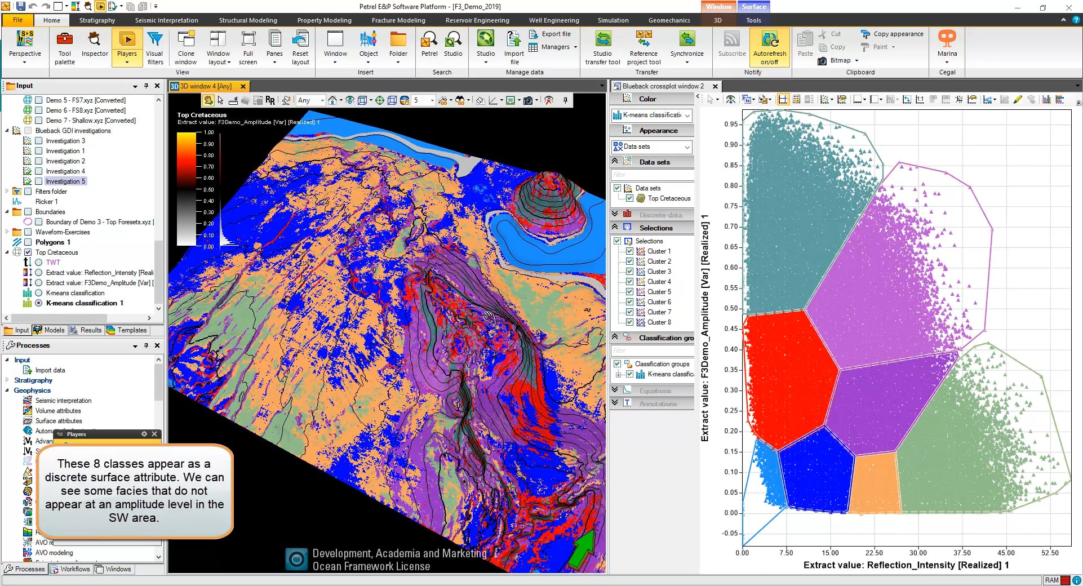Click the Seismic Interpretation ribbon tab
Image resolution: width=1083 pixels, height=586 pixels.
[166, 20]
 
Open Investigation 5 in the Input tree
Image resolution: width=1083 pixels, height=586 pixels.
[65, 181]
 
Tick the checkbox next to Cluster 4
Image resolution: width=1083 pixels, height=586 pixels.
[629, 282]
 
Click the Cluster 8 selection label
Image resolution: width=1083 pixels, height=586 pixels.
[659, 322]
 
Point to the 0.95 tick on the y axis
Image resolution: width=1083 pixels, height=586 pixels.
[731, 125]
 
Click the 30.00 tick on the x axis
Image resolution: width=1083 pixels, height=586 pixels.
[918, 553]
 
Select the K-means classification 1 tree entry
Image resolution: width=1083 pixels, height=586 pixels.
[84, 303]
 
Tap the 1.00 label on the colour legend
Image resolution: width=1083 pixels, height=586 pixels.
[208, 132]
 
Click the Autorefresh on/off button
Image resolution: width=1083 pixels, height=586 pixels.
[769, 47]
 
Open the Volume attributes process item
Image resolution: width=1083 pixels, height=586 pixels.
[58, 411]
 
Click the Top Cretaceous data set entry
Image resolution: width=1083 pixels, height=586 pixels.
[668, 198]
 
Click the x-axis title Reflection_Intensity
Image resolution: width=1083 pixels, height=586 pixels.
[906, 565]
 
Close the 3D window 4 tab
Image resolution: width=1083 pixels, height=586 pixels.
[243, 86]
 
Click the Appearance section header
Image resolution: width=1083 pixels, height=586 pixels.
[658, 131]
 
